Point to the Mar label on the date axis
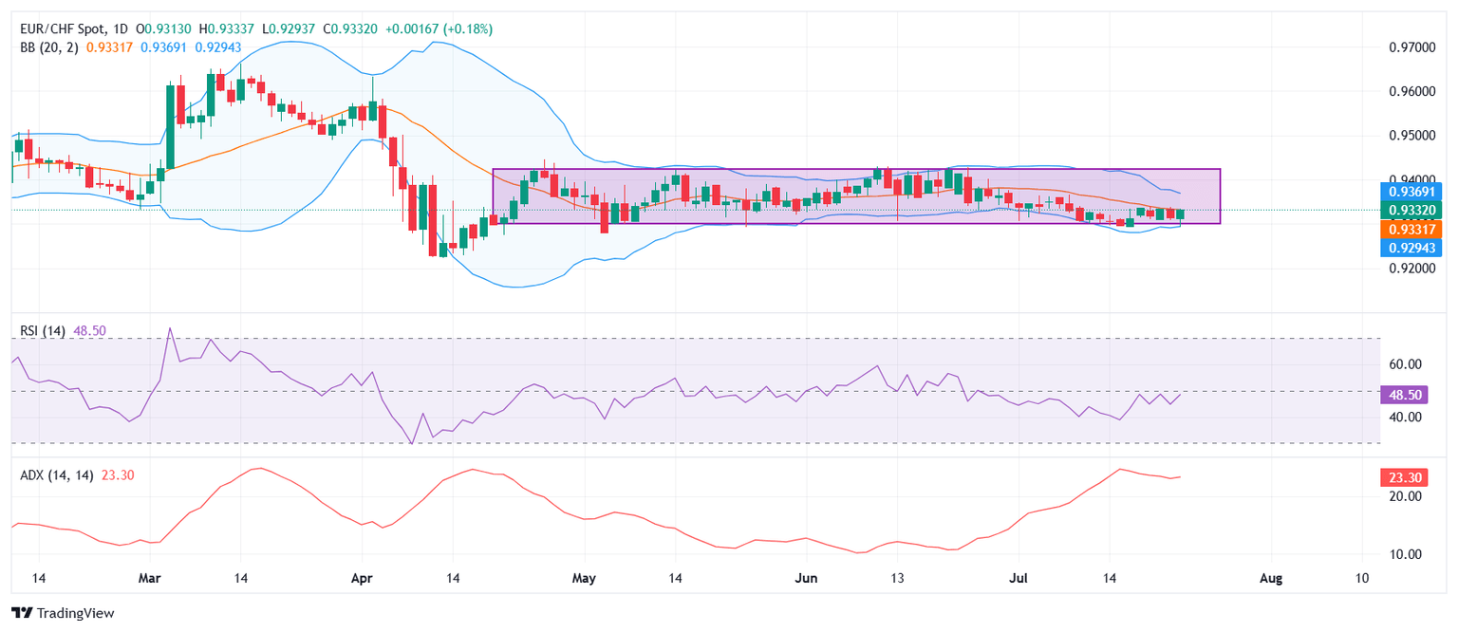[x=150, y=578]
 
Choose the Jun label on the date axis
[x=806, y=578]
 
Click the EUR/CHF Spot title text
[x=65, y=29]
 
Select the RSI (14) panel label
[x=43, y=330]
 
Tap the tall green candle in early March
[x=171, y=126]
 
